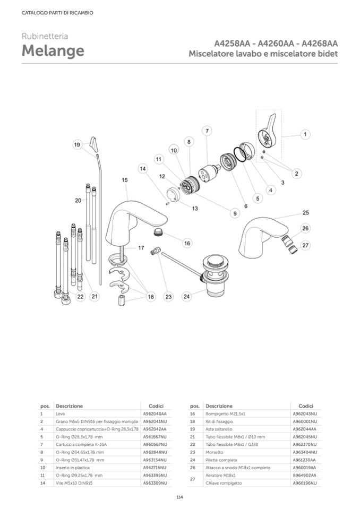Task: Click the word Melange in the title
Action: [53, 51]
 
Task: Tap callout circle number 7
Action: [207, 130]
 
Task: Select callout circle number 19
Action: [77, 144]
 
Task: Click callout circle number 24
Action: [186, 297]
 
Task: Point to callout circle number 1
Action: [305, 134]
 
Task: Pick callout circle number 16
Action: [187, 243]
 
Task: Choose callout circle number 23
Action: [168, 297]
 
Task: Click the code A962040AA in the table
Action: [155, 413]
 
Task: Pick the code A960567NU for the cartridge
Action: [155, 444]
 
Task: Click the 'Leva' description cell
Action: [60, 413]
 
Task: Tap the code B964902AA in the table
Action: [305, 475]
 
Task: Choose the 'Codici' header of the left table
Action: [156, 405]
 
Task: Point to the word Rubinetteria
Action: [45, 36]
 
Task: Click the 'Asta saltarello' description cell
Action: [220, 428]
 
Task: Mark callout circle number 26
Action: [305, 229]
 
